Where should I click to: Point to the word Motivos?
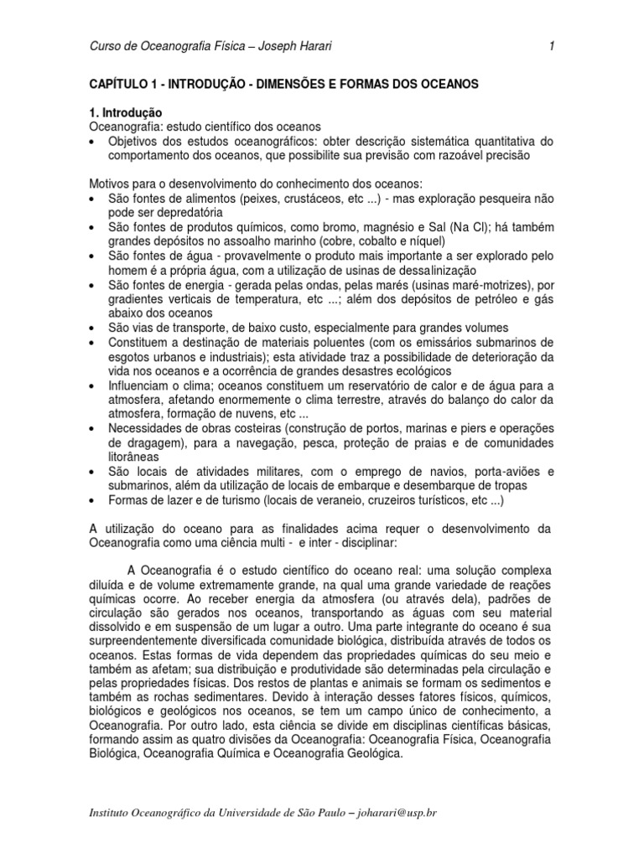pos(112,183)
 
